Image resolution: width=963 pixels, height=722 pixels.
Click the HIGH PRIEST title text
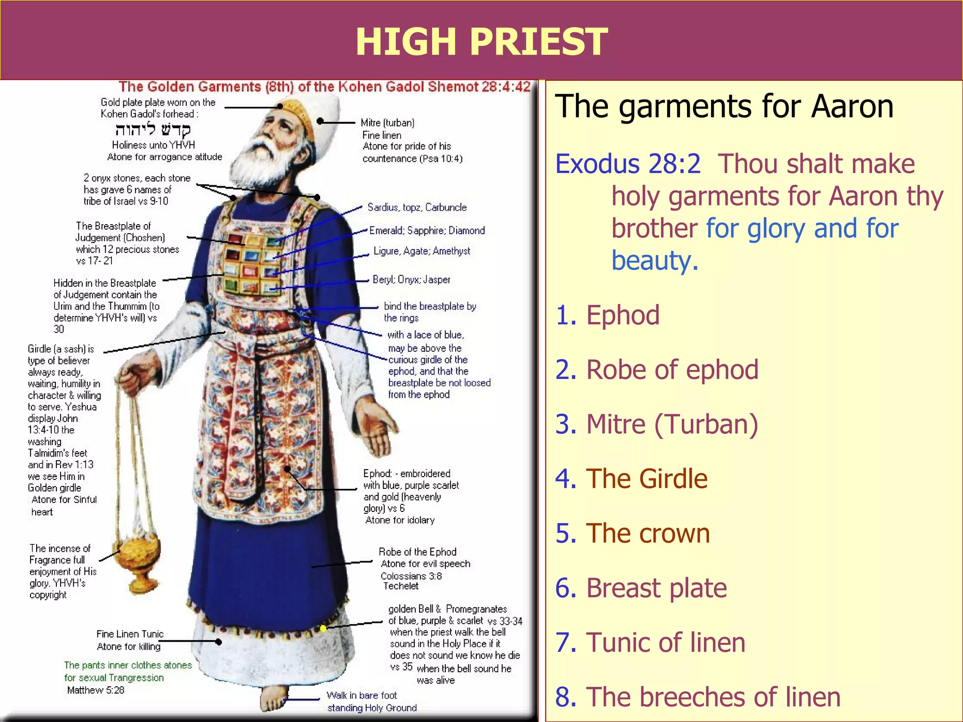point(481,41)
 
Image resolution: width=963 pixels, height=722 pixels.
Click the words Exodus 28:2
point(628,164)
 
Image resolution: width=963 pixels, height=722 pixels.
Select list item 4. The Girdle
point(631,479)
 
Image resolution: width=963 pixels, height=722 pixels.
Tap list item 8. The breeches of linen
point(698,697)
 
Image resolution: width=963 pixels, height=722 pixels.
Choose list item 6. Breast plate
point(641,588)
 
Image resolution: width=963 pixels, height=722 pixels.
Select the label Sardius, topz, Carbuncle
point(417,207)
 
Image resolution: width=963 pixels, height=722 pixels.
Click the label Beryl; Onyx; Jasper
point(411,280)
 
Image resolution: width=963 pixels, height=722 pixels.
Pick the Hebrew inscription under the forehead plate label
point(153,129)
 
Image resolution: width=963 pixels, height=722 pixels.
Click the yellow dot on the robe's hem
point(324,628)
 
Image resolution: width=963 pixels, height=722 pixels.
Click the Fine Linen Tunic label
point(130,634)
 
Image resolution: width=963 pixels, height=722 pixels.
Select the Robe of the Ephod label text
point(418,552)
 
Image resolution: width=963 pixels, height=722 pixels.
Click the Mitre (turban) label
point(387,123)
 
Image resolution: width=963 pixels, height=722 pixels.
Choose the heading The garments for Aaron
point(724,106)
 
